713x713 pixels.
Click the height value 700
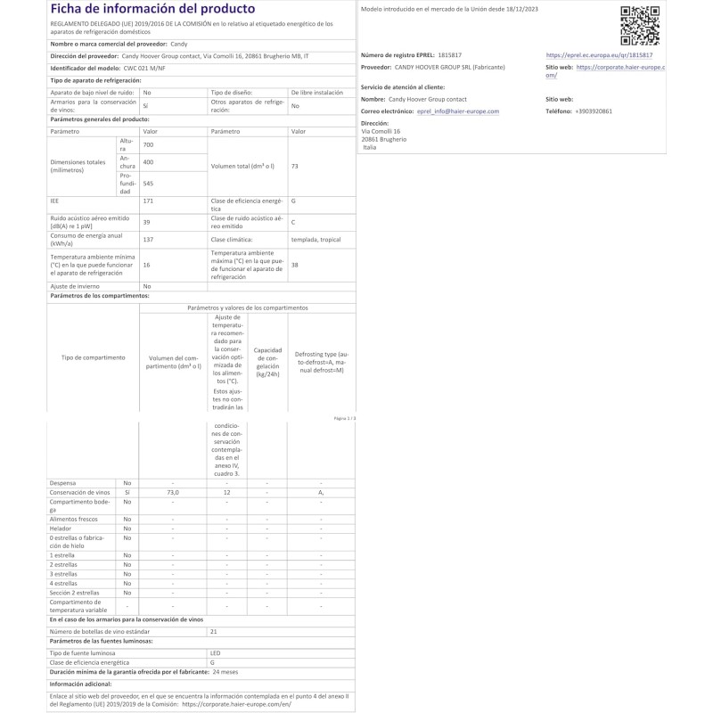[148, 144]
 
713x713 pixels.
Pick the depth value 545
[149, 184]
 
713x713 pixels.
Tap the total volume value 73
[294, 167]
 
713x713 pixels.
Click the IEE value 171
[148, 201]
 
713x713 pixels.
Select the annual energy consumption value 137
[148, 239]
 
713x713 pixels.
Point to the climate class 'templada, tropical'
[315, 239]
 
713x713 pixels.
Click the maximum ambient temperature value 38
[294, 265]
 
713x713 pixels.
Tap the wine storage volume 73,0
[173, 492]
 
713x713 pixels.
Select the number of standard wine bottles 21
[213, 630]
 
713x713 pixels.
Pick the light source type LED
[214, 653]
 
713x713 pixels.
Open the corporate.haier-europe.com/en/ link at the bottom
[236, 703]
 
